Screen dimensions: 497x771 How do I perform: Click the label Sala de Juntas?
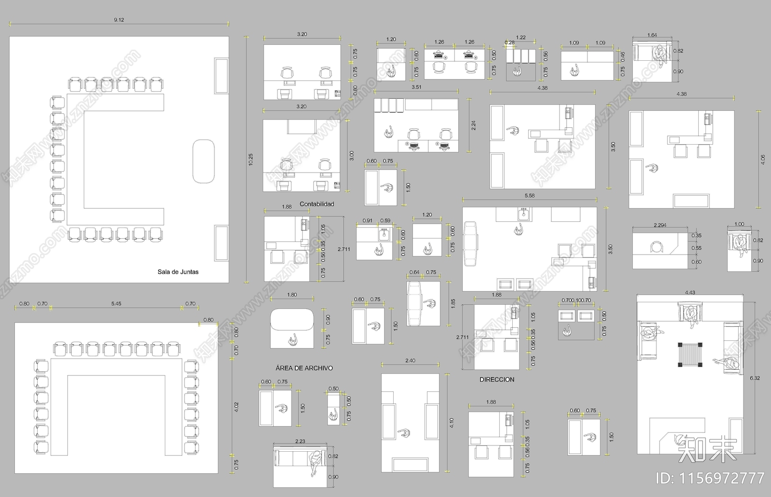178,272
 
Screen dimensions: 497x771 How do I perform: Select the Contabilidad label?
317,204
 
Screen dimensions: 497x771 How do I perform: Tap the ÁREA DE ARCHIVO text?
304,368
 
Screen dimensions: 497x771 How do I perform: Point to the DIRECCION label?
497,380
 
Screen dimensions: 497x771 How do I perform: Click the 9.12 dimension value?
119,20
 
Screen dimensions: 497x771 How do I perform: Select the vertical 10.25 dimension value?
251,160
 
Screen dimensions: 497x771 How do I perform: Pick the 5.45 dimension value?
116,304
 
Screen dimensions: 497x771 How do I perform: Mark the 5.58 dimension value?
529,196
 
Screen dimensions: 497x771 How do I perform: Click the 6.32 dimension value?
755,378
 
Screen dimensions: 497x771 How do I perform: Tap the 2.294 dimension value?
660,225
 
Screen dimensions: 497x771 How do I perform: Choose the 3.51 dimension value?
416,87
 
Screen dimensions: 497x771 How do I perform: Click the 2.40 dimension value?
410,361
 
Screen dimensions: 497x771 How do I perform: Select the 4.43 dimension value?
690,293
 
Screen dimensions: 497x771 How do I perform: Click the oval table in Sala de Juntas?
203,161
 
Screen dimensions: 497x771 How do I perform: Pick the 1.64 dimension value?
652,35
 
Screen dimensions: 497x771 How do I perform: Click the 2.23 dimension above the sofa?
300,441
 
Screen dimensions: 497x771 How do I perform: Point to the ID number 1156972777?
710,478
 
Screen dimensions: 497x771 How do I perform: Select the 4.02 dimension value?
236,407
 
